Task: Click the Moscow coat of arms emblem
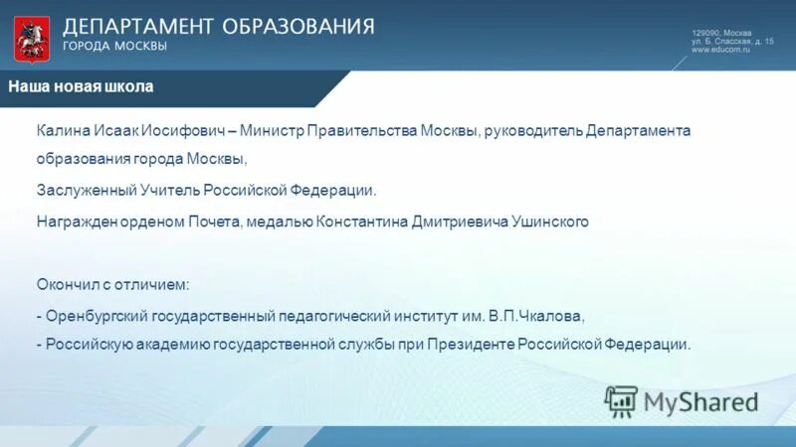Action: (29, 38)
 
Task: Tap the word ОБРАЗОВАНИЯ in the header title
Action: (298, 25)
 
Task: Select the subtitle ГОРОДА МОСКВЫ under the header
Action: (114, 46)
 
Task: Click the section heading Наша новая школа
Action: (81, 86)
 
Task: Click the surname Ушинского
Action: (547, 222)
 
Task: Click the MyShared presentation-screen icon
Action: (621, 401)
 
